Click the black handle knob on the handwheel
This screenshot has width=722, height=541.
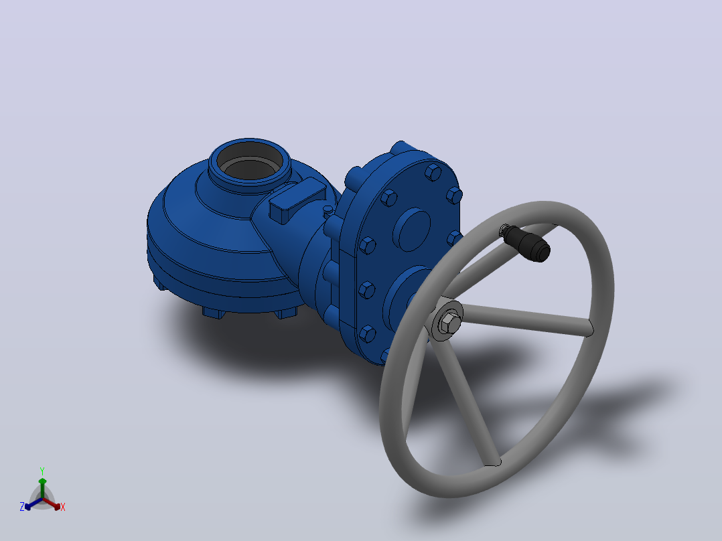coord(527,242)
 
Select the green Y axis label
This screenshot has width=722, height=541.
coord(42,471)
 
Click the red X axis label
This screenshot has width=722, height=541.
coord(63,507)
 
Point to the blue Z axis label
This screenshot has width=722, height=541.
coord(22,506)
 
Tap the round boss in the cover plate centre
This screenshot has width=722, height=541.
coord(411,229)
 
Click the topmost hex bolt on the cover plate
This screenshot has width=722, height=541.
coord(433,173)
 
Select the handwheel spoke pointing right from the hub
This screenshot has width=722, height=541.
coord(526,318)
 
